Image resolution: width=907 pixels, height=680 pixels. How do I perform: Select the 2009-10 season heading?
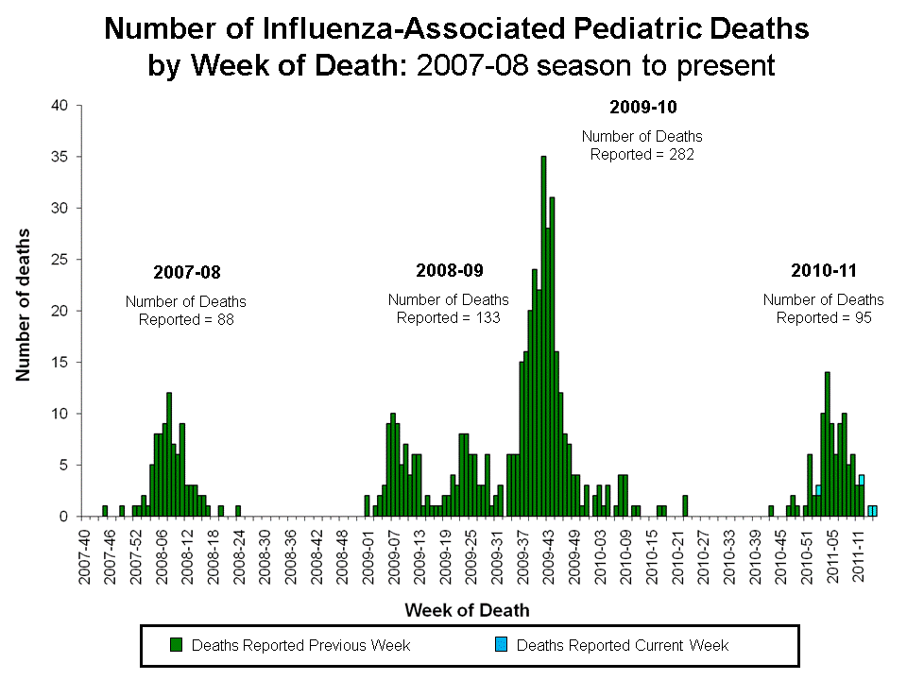(642, 107)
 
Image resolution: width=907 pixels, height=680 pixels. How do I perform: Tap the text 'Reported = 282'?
(642, 154)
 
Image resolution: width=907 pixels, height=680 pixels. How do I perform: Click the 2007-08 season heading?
(186, 273)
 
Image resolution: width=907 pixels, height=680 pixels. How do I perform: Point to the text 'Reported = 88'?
(186, 319)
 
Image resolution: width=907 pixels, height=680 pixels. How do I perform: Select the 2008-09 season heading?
(449, 271)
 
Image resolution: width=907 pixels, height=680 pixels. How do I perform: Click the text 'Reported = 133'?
(449, 317)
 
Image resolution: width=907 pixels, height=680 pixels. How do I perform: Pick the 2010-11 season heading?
(823, 271)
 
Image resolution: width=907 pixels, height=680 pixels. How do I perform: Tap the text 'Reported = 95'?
(823, 317)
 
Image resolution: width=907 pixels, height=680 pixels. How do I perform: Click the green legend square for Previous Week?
(176, 645)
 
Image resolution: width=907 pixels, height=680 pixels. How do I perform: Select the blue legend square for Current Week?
(501, 645)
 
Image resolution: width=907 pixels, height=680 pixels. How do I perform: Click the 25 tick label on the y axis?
(60, 259)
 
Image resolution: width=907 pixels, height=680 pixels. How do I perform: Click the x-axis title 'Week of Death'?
(468, 609)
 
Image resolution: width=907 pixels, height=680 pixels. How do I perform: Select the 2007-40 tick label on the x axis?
(86, 557)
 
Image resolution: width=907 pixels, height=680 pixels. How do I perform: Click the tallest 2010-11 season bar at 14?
(828, 444)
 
